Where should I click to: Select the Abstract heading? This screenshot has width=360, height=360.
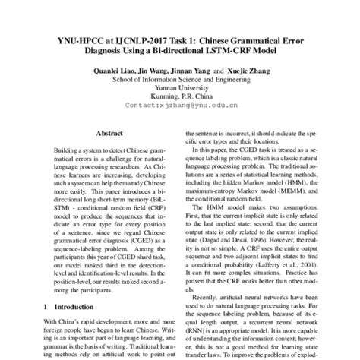tap(111, 131)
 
